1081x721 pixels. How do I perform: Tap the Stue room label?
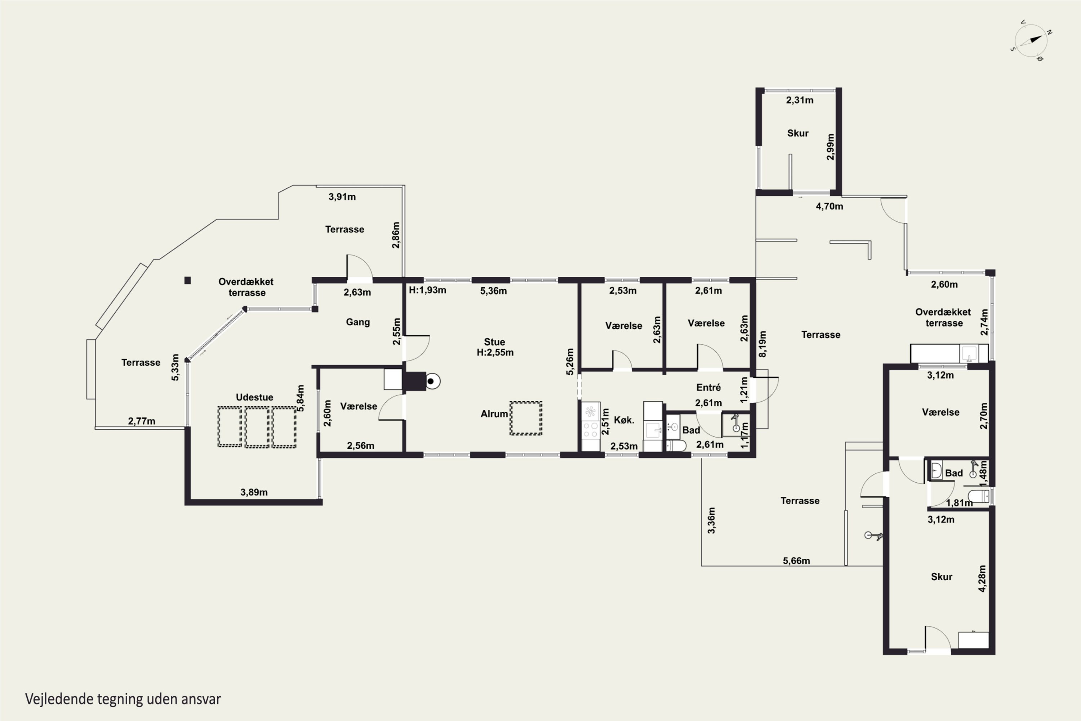pos(494,342)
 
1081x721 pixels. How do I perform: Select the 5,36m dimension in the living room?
pos(494,291)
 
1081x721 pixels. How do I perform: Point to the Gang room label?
pos(358,322)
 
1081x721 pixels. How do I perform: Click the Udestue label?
pos(255,397)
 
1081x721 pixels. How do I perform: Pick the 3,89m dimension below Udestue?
pos(254,492)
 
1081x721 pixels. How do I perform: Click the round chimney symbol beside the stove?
pos(432,381)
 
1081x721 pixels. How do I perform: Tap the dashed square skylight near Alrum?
pos(526,418)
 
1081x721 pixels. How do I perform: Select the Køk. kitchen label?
pos(624,420)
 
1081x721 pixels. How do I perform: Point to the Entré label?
pos(708,388)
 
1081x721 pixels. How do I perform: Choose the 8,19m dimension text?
pos(762,344)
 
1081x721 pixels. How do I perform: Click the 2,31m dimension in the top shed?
pos(800,100)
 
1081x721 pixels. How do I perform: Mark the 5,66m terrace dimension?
pos(796,561)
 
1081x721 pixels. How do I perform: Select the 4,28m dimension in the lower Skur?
pos(982,579)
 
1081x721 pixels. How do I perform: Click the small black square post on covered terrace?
pos(187,280)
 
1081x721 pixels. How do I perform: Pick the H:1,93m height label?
pos(427,291)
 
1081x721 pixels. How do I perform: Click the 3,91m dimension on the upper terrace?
pos(342,197)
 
